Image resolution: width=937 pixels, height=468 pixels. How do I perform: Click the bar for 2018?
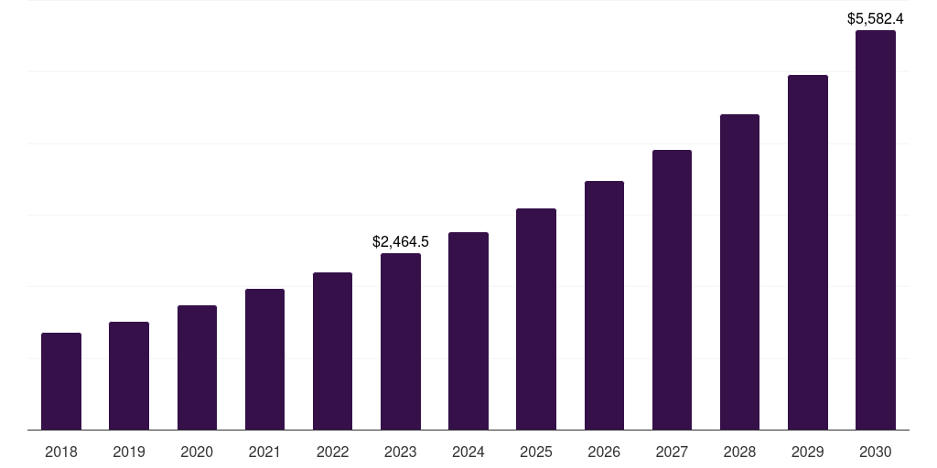(x=61, y=381)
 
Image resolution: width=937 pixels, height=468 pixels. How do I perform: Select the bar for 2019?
(x=129, y=376)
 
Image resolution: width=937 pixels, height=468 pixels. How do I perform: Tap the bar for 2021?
(x=264, y=359)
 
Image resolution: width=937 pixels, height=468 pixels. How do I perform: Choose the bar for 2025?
(x=536, y=319)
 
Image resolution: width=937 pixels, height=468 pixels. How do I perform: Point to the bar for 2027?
(x=672, y=290)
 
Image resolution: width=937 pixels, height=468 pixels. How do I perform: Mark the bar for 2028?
(x=739, y=271)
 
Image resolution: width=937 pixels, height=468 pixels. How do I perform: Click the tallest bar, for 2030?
(x=876, y=229)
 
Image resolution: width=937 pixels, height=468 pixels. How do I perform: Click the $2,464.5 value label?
(x=401, y=242)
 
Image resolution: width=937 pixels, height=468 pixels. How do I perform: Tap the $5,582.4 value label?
(x=876, y=18)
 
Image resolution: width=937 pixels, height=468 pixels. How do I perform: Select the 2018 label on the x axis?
(x=61, y=452)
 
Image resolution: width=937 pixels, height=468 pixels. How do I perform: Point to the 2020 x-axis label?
(x=197, y=452)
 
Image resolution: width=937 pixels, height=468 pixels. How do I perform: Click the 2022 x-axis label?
(x=332, y=452)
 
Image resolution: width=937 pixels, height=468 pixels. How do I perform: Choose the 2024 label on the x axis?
(x=468, y=452)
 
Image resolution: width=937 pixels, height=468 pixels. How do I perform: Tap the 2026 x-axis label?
(x=604, y=452)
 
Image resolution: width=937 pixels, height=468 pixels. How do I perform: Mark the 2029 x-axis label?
(x=808, y=452)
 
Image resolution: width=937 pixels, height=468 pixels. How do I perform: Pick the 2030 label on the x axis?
(x=876, y=452)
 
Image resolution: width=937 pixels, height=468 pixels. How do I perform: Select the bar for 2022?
(x=332, y=351)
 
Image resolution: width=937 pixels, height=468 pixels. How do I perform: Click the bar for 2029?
(x=808, y=252)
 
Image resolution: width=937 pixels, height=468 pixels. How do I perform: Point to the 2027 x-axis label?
(x=672, y=452)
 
